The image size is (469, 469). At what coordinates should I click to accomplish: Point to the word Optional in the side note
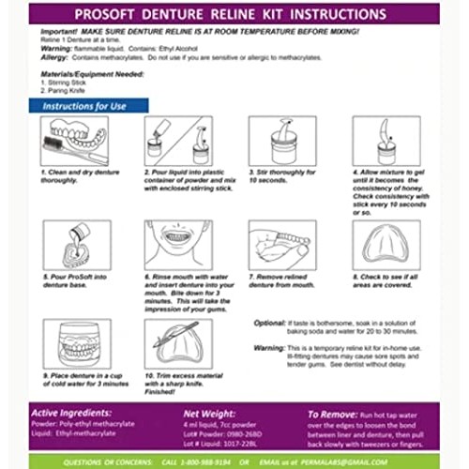click(x=273, y=322)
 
